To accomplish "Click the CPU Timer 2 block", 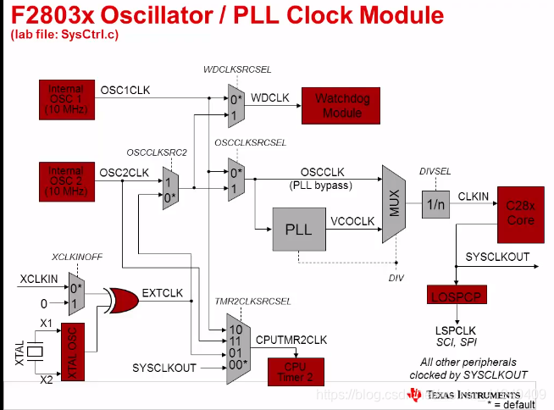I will pos(296,371).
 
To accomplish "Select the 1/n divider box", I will pos(435,204).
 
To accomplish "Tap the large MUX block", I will pos(394,204).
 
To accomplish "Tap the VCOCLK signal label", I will pos(352,221).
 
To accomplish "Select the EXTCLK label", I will pos(163,294).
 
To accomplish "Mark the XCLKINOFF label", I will pos(79,256).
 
